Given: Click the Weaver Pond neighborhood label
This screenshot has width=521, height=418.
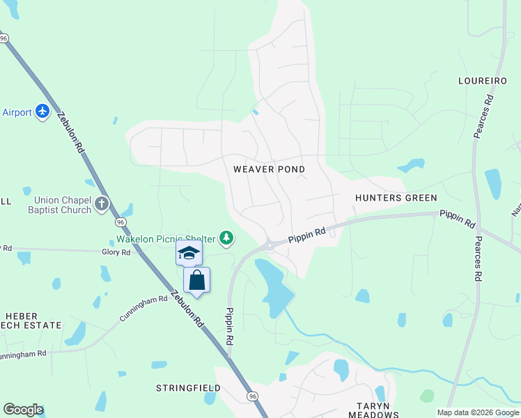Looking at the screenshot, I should [269, 169].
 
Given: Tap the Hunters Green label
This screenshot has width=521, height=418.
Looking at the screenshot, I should [396, 198].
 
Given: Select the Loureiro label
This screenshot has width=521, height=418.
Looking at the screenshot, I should [482, 81].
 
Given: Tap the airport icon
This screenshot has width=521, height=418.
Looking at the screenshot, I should [42, 111].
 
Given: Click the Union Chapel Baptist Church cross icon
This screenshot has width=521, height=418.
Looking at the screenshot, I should [102, 204].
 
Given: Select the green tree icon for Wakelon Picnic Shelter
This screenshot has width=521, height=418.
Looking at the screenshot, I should [226, 239].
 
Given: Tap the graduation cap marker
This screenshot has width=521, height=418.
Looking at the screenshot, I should [188, 253].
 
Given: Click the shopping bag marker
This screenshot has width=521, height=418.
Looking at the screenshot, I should [197, 281].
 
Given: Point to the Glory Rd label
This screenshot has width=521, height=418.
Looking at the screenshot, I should [116, 252].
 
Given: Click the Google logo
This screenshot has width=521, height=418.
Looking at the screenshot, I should [23, 410].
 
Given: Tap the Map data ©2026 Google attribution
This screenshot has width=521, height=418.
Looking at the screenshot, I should [478, 412].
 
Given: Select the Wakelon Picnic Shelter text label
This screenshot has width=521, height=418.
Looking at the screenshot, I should [166, 239].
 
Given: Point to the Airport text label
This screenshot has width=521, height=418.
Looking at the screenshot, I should [17, 112].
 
